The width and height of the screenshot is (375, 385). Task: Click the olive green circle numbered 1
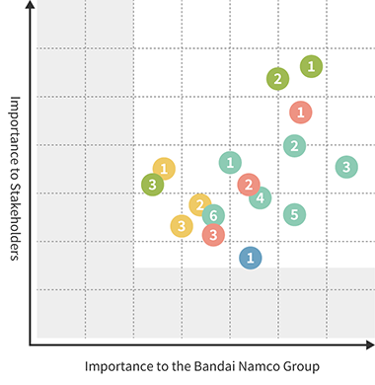pos(312,66)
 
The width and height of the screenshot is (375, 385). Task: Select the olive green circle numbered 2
pos(278,79)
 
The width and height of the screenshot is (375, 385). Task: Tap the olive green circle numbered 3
pos(152,184)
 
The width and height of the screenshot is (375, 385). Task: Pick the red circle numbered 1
pos(301,113)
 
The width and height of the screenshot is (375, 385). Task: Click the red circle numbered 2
pos(249,184)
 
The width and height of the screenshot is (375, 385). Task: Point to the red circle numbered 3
pos(213,234)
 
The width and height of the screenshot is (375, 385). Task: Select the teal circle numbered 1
pos(230,162)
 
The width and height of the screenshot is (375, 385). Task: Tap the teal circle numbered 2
pos(294,146)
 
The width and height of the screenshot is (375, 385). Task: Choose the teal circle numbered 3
pos(346,167)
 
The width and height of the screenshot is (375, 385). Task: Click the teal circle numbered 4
pos(261,197)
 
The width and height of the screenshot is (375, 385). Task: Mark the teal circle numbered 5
pos(294,214)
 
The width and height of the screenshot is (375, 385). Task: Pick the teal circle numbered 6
pos(212,215)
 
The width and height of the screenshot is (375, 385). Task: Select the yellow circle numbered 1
pos(164,169)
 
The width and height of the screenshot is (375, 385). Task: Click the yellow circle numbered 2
pos(200,205)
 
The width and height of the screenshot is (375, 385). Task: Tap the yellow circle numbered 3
pos(182,226)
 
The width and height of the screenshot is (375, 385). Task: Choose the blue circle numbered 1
pos(251,258)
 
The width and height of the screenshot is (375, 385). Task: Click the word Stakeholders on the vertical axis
pos(16,208)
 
